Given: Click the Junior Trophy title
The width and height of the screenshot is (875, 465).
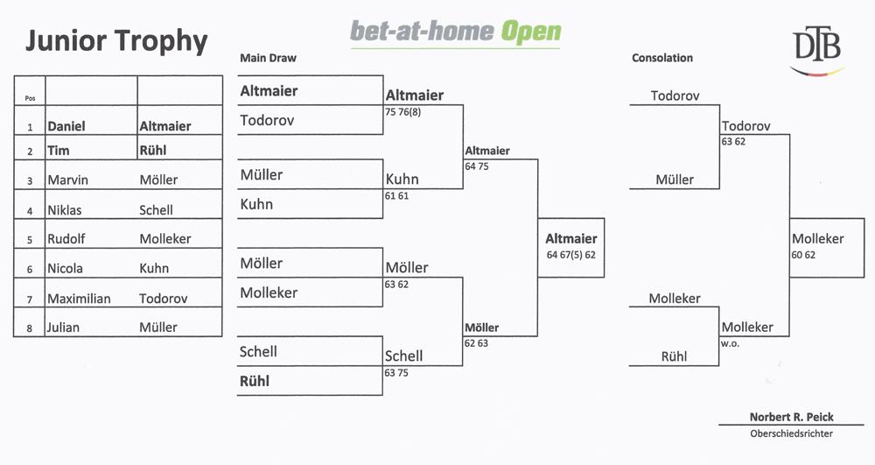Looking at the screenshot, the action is (x=116, y=41).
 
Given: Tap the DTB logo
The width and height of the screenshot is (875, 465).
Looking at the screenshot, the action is (x=817, y=52).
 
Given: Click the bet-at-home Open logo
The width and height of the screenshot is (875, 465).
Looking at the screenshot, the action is (x=455, y=32).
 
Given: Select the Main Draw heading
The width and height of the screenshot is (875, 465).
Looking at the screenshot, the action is (x=268, y=58).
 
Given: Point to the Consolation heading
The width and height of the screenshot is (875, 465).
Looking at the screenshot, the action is (x=662, y=58).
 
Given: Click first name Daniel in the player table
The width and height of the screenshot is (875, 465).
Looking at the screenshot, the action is (x=66, y=126).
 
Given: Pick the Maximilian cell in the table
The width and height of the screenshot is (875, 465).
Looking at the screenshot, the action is (x=79, y=299).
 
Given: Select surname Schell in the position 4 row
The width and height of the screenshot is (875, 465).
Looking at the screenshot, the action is (x=157, y=210).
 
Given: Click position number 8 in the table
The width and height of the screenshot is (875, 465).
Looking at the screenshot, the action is (x=30, y=328).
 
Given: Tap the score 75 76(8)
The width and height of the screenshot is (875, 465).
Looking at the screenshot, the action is (x=402, y=112).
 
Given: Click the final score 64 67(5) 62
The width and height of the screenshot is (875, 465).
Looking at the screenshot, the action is (x=570, y=255).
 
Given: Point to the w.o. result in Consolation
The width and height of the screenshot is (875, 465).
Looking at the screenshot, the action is (x=730, y=344).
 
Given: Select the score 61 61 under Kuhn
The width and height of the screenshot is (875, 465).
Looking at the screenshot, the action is (x=396, y=196).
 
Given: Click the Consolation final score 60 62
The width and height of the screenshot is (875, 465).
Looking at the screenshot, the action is (x=803, y=255).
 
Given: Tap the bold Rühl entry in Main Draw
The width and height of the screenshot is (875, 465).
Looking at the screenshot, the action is (x=255, y=381).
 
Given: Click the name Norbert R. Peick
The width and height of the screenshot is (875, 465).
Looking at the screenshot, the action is (x=791, y=417).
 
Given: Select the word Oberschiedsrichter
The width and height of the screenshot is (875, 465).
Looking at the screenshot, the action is (x=791, y=433).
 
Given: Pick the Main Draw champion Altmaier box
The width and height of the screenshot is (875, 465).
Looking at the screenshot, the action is (x=570, y=248).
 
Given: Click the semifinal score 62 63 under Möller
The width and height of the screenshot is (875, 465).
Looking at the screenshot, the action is (x=476, y=343).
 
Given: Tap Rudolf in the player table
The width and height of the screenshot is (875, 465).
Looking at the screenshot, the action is (x=66, y=239).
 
